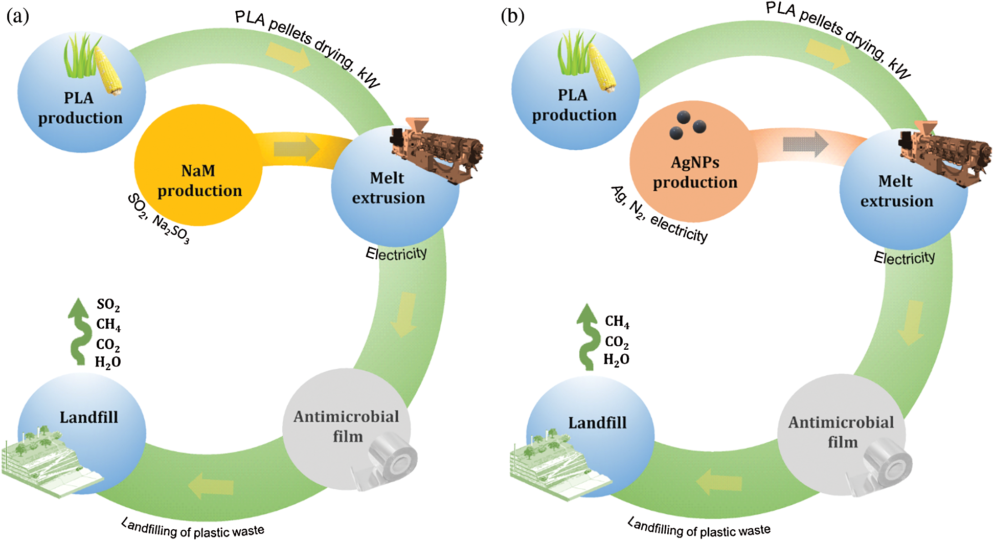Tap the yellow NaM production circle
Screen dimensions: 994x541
point(198,165)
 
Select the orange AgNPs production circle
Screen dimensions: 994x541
point(693,161)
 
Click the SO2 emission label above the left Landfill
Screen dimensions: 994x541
point(108,305)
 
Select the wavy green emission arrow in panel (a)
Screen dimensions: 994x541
point(79,331)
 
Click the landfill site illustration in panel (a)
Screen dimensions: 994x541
point(51,462)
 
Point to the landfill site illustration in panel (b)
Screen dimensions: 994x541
point(560,465)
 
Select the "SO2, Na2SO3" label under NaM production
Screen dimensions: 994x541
point(159,219)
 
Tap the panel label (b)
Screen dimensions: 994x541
point(513,16)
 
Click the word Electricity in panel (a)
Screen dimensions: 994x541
point(396,254)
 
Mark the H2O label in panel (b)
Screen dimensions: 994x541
point(616,359)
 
